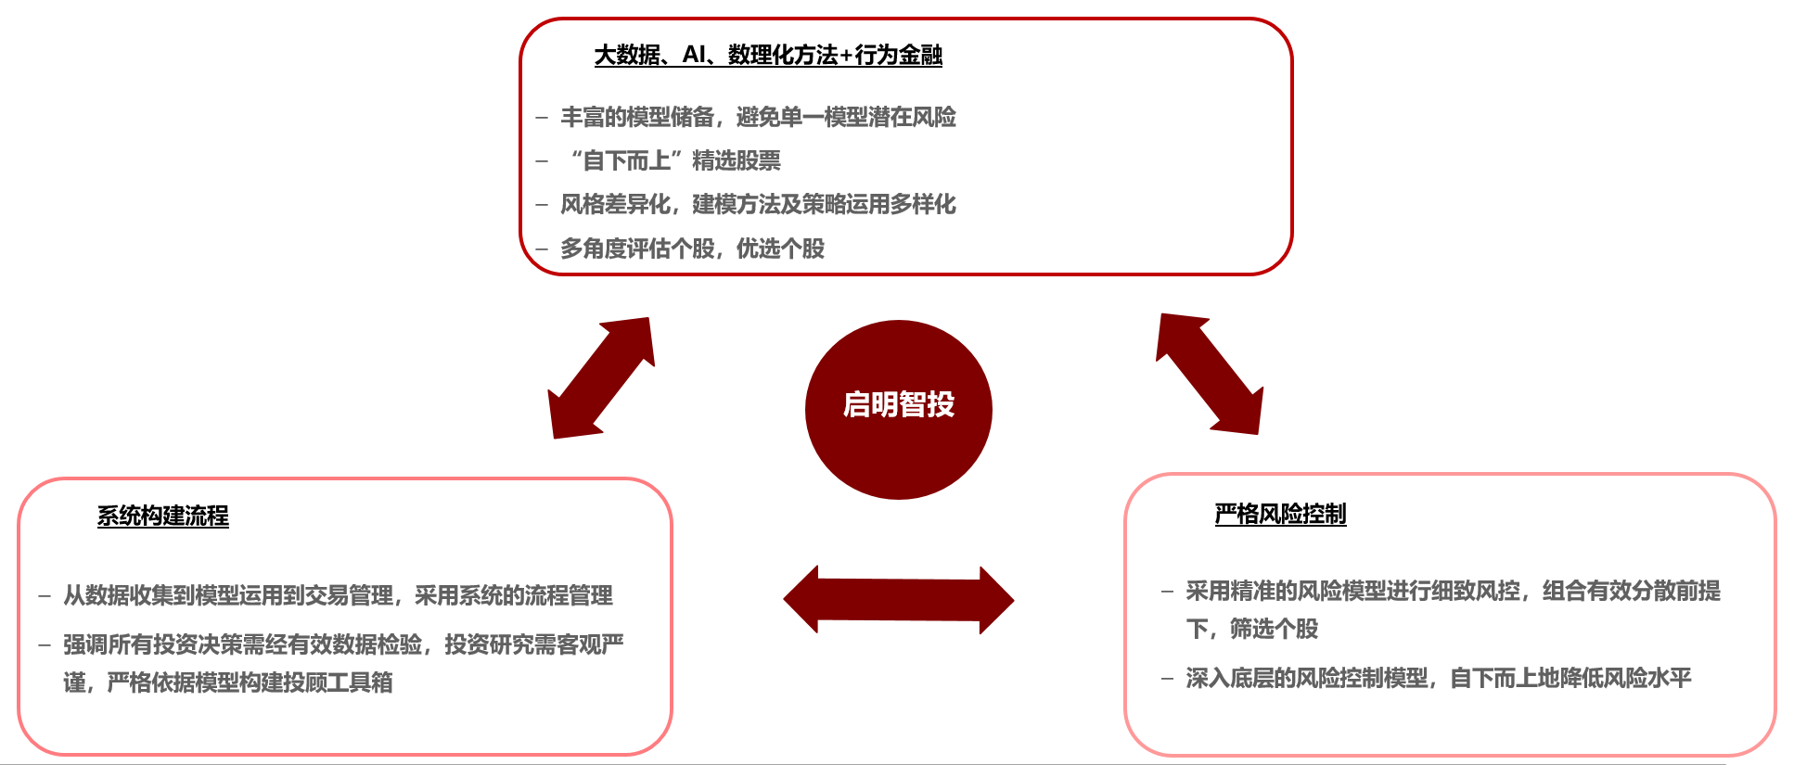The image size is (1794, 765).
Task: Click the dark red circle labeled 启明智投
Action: (898, 410)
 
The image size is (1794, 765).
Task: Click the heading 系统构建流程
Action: (163, 516)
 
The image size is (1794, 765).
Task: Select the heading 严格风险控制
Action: (1280, 514)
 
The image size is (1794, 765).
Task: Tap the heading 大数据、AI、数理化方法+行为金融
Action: (768, 55)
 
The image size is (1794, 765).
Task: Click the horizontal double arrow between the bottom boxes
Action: (899, 600)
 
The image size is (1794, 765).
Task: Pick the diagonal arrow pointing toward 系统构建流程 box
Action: (602, 377)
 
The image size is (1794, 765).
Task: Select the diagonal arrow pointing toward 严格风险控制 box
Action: (1210, 374)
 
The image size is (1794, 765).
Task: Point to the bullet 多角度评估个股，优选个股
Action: (692, 249)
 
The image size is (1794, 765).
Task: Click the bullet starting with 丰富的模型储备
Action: (758, 117)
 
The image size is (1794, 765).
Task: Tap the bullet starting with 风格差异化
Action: (758, 204)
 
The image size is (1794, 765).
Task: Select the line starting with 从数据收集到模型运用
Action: (338, 595)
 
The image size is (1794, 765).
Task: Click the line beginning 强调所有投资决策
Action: (343, 644)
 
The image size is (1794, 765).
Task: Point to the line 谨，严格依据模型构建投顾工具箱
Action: (228, 682)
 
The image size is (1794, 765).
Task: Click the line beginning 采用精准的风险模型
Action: (1453, 591)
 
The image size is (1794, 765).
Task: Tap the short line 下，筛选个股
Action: (1251, 629)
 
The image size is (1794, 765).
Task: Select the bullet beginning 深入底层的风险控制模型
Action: (1439, 678)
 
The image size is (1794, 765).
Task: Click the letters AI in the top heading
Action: (694, 55)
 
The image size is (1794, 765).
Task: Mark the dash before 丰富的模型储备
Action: (542, 118)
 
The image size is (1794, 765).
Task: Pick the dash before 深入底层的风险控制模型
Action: (1168, 679)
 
